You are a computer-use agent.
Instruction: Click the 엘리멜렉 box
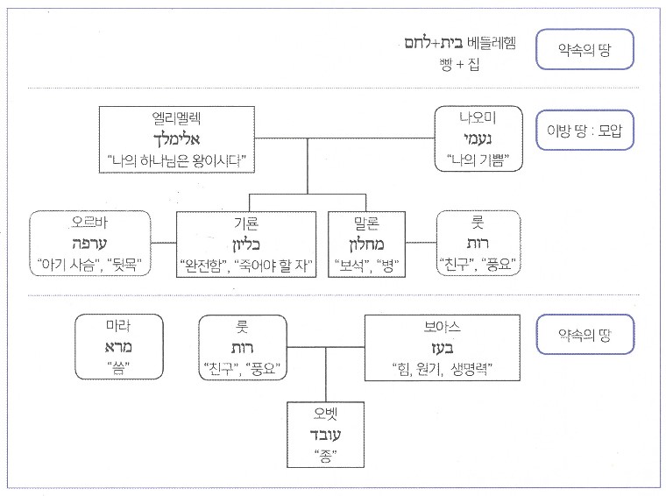(x=174, y=140)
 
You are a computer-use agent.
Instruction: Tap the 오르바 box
(x=91, y=243)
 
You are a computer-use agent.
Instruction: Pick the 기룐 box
(x=248, y=243)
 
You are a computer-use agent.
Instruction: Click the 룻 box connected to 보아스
(x=243, y=348)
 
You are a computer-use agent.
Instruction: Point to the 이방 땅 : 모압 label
(x=584, y=136)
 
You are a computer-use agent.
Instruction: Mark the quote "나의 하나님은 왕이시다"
(x=174, y=161)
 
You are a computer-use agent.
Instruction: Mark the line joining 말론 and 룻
(x=423, y=243)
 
